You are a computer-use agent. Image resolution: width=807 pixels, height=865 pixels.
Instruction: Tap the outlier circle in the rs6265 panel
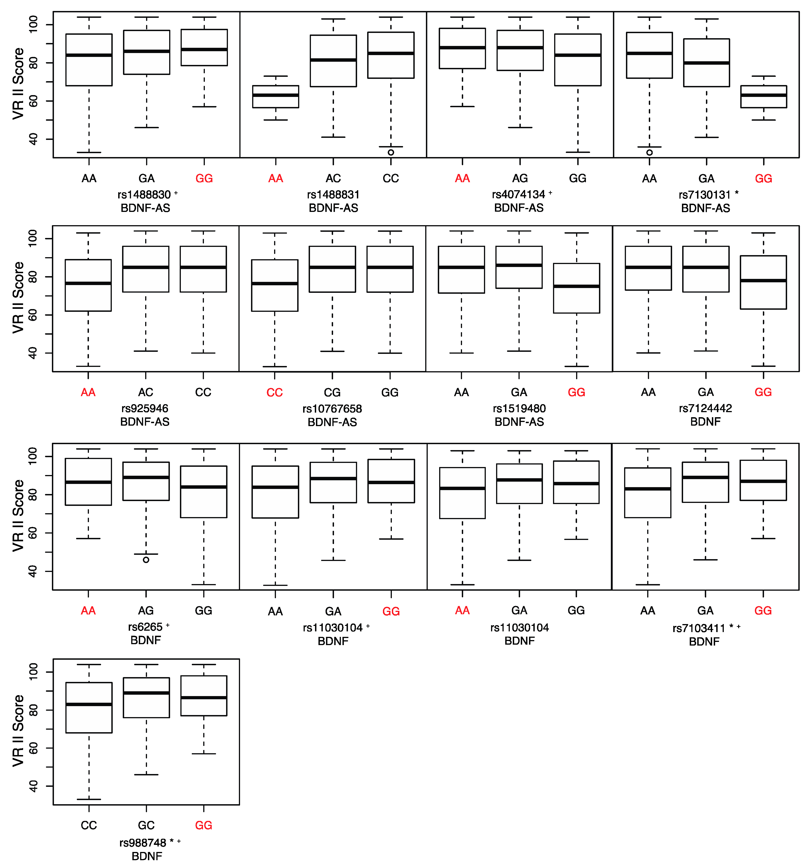146,560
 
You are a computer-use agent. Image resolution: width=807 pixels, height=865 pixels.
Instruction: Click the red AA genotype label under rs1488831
276,178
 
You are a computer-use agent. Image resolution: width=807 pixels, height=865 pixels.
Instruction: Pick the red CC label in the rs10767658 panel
275,392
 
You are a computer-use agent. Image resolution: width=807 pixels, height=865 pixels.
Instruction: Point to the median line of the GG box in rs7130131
764,95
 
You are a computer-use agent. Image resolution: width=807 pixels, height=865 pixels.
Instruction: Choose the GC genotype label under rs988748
146,825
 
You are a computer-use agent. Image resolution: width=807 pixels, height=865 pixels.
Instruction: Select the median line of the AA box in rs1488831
276,95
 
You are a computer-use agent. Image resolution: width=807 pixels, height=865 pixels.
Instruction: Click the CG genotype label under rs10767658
332,392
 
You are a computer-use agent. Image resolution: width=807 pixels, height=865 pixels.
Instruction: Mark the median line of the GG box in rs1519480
576,286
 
